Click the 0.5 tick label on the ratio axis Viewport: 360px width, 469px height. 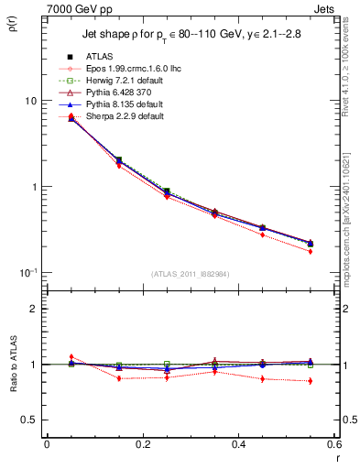point(30,420)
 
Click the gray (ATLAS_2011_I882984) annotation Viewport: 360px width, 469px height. point(190,273)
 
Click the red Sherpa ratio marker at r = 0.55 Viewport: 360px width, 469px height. point(311,381)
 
